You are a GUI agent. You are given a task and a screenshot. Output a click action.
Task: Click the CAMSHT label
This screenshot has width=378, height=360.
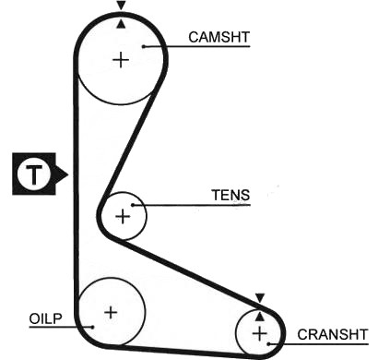[x=219, y=37]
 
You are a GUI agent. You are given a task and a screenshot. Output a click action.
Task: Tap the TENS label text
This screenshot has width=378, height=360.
[x=230, y=195]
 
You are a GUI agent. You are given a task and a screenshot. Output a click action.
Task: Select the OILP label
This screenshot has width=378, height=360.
[x=45, y=318]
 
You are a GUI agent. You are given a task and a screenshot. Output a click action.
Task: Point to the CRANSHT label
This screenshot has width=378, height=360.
[x=333, y=334]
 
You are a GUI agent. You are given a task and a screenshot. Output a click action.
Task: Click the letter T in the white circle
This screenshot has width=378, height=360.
[x=34, y=174]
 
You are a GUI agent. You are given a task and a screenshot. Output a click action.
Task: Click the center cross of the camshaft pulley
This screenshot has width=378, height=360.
[x=121, y=60]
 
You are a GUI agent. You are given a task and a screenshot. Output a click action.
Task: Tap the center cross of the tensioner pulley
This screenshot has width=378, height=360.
[x=123, y=216]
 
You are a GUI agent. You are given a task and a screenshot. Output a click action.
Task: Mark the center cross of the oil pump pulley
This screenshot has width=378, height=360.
[x=111, y=313]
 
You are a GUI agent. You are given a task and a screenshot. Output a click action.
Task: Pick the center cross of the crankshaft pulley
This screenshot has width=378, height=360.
[x=260, y=333]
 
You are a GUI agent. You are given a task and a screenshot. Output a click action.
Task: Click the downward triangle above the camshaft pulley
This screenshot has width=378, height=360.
[x=122, y=6]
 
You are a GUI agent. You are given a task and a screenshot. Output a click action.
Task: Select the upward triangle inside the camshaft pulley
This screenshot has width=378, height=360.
[x=122, y=24]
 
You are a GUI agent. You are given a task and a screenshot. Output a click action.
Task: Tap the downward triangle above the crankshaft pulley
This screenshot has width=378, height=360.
[x=260, y=298]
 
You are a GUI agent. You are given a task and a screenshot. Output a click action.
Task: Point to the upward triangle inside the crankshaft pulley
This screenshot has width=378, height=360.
[x=260, y=317]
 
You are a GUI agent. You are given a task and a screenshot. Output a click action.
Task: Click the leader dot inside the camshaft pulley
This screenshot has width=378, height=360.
[x=144, y=46]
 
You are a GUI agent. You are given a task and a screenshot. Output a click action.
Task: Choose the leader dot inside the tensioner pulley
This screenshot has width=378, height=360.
[x=133, y=205]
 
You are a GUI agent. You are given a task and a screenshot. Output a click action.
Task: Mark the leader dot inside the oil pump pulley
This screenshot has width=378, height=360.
[x=92, y=327]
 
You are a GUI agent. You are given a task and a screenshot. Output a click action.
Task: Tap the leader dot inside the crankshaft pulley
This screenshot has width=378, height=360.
[x=268, y=344]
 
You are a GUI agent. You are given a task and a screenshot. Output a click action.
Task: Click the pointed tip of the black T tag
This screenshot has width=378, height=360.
[x=68, y=174]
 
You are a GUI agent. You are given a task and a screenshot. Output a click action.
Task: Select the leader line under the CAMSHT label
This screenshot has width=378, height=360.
[x=196, y=46]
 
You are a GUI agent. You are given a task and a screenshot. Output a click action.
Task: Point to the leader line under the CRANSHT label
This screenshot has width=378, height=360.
[x=318, y=344]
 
